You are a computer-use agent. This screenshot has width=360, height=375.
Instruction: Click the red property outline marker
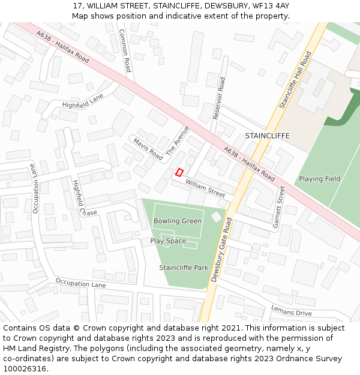[x=179, y=172]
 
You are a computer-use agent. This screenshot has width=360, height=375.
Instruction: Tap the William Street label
[x=205, y=188]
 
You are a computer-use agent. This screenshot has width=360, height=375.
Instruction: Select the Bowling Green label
[x=178, y=221]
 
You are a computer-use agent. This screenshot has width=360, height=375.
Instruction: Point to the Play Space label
[x=168, y=241]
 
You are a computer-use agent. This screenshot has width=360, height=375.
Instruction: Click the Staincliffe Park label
[x=184, y=267]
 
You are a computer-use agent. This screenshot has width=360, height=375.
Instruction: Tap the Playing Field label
[x=320, y=179]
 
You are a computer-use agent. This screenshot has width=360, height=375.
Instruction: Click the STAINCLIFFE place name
[x=267, y=136]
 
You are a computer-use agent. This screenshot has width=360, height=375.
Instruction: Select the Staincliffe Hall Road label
[x=295, y=80]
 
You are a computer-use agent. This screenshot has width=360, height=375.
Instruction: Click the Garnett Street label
[x=278, y=207]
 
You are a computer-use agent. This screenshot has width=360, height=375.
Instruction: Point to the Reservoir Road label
[x=219, y=98]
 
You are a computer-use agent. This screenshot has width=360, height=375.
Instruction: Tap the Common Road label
[x=125, y=51]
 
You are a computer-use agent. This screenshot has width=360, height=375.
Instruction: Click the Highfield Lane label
[x=83, y=101]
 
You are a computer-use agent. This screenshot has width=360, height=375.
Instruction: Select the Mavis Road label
[x=148, y=149]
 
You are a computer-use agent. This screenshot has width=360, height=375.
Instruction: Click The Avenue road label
[x=178, y=141]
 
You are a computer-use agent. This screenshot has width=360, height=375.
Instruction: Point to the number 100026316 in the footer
[x=23, y=369]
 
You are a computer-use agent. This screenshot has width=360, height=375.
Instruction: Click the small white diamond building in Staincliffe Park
[x=216, y=217]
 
